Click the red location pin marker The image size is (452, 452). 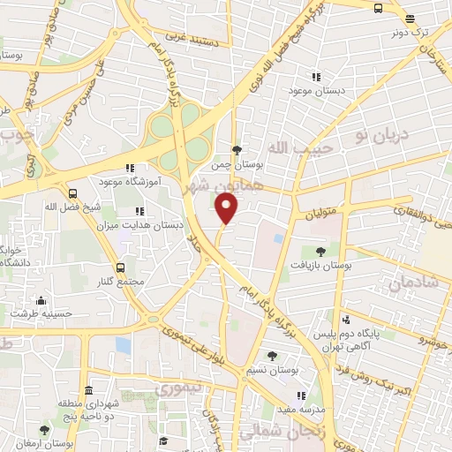[227, 208]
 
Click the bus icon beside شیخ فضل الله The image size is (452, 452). [72, 193]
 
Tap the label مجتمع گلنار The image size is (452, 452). [121, 281]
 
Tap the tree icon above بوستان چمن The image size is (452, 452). [237, 150]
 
